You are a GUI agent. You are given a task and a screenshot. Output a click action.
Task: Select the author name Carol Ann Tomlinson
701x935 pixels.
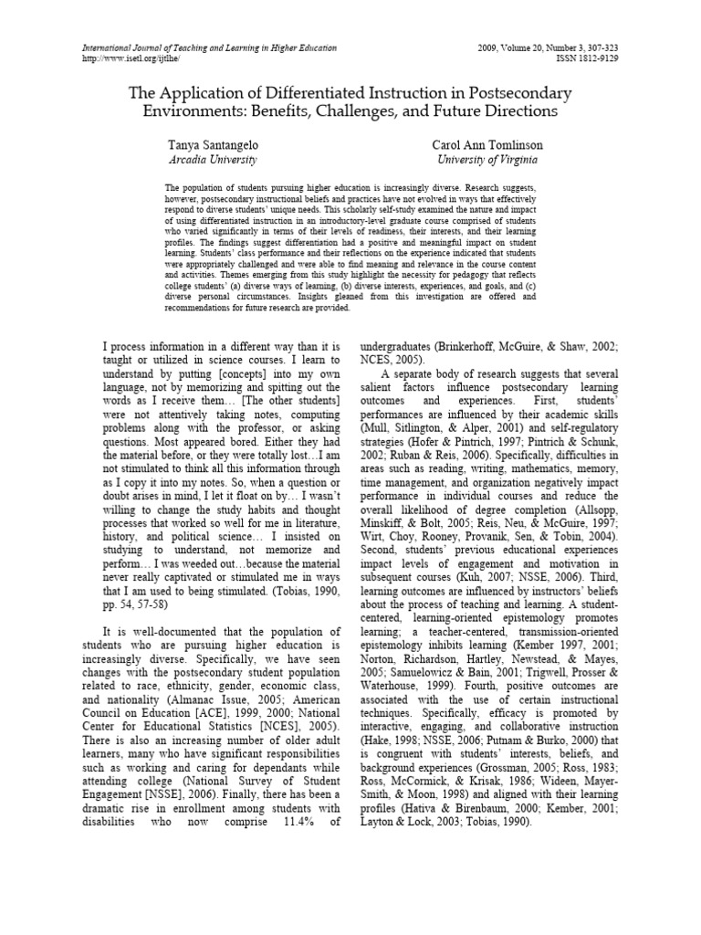(487, 145)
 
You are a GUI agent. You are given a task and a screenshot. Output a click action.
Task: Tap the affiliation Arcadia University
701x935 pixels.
(213, 160)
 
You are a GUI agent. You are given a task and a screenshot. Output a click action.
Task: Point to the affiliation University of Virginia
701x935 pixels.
(487, 160)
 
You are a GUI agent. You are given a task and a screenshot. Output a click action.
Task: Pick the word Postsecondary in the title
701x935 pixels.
(519, 94)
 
